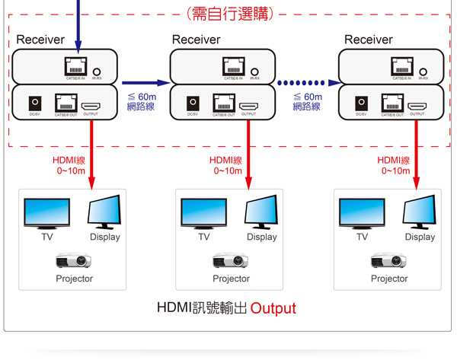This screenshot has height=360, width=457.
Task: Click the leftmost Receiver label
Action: tap(40, 40)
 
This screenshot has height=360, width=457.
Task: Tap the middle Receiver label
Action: tap(196, 40)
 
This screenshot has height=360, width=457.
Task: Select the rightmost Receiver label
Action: tap(368, 40)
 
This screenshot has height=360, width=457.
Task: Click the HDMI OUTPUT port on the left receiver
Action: tap(91, 104)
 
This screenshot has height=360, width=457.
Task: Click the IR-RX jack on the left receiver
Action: tap(97, 69)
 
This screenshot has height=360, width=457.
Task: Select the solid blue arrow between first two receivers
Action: tap(145, 82)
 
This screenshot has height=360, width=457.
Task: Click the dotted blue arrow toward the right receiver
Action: tap(308, 82)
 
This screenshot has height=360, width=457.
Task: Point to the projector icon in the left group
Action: tap(74, 260)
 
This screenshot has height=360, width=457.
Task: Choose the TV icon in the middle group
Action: tap(203, 213)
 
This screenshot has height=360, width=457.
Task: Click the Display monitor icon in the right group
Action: tap(419, 212)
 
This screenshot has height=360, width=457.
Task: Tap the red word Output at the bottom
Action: tap(273, 309)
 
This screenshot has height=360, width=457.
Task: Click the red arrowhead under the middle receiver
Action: tap(248, 181)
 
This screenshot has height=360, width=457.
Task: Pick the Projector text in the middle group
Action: tap(231, 279)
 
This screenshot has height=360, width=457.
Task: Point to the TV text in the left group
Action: tap(47, 237)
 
